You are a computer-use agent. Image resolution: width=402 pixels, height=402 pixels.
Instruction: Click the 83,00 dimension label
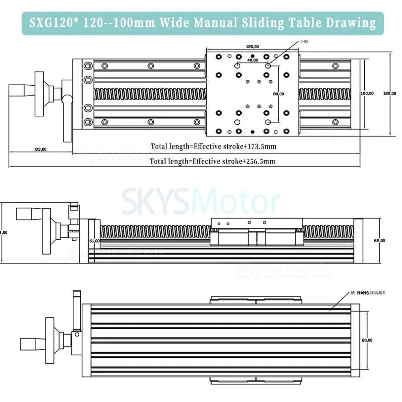pyautogui.click(x=41, y=149)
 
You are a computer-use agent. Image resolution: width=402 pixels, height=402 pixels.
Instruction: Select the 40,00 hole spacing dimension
pyautogui.click(x=253, y=60)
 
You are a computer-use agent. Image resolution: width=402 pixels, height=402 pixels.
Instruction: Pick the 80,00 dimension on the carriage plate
pyautogui.click(x=278, y=94)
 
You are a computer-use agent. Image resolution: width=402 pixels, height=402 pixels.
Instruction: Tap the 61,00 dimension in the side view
pyautogui.click(x=94, y=241)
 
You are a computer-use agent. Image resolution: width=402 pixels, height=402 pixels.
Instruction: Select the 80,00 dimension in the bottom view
pyautogui.click(x=367, y=340)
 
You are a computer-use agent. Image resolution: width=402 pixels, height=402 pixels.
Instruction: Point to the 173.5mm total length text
pyautogui.click(x=214, y=146)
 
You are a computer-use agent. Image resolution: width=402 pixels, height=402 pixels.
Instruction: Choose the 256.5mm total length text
pyautogui.click(x=212, y=161)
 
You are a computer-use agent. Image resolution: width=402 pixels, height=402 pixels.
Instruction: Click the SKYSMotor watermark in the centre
pyautogui.click(x=201, y=203)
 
